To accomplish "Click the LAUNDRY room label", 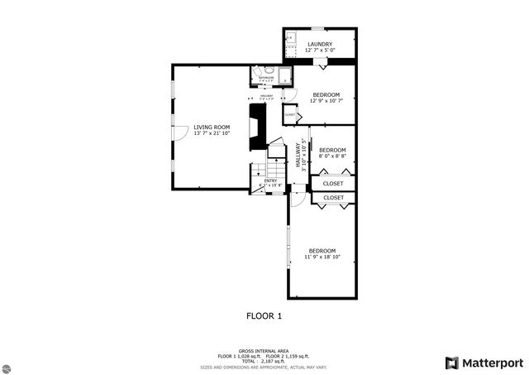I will point(320,44).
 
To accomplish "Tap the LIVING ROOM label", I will point(211,127).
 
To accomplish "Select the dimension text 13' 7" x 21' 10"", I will point(212,133).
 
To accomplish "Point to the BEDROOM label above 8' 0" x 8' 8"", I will point(332,150).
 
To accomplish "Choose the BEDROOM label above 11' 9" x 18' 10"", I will point(322,250).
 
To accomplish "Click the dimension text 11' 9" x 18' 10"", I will point(322,257).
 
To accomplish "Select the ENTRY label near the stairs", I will point(270,180).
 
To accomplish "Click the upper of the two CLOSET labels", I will point(333,183).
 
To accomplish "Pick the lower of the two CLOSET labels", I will point(333,198).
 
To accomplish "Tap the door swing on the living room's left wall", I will point(179,132).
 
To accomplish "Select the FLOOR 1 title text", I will point(264,315).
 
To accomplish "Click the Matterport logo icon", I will point(450,363).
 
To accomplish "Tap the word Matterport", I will point(492,363).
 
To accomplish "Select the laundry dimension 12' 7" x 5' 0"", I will point(320,50).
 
